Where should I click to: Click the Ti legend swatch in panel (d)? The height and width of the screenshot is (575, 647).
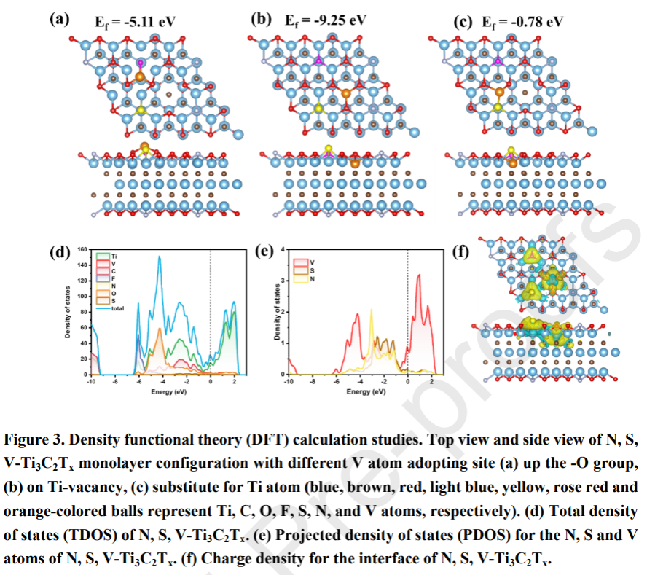pyautogui.click(x=103, y=256)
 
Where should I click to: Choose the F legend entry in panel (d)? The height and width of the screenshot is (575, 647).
pyautogui.click(x=103, y=278)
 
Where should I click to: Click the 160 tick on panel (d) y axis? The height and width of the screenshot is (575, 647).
pyautogui.click(x=82, y=249)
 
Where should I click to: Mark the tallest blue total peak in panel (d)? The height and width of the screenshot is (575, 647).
pyautogui.click(x=160, y=257)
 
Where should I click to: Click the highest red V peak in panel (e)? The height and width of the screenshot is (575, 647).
pyautogui.click(x=418, y=275)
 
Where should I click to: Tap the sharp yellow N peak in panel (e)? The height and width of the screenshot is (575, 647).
pyautogui.click(x=372, y=310)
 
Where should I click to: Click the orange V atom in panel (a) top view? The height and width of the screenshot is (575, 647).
pyautogui.click(x=141, y=76)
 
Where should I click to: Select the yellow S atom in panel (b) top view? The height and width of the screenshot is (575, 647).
pyautogui.click(x=319, y=109)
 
